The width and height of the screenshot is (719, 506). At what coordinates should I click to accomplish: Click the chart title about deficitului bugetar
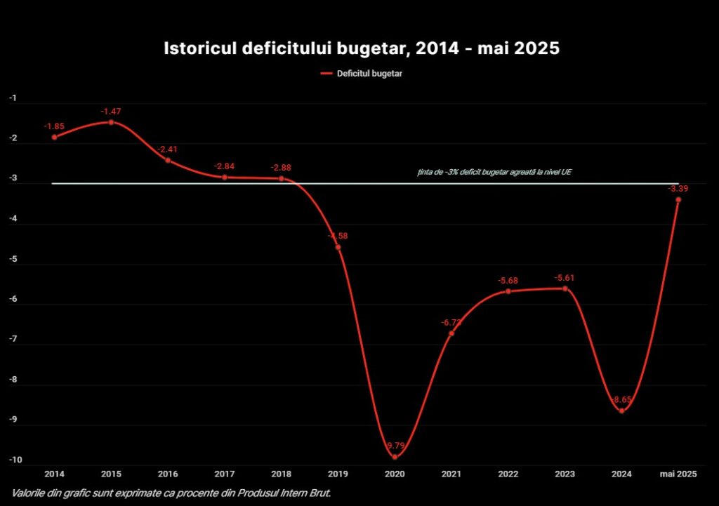click(x=362, y=49)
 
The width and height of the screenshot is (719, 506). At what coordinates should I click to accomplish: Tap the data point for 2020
click(x=395, y=457)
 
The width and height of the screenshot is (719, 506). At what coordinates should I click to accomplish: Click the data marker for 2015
click(x=111, y=122)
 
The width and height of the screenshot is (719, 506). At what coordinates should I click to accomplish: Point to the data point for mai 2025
click(x=678, y=199)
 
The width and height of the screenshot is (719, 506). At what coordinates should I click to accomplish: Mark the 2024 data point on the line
click(x=621, y=411)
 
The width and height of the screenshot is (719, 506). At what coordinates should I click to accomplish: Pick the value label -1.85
click(x=54, y=126)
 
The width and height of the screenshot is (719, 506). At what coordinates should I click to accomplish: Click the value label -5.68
click(x=508, y=281)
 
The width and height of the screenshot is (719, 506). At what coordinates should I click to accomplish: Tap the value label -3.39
click(x=678, y=189)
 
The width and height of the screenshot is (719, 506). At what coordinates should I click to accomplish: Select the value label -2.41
click(x=168, y=149)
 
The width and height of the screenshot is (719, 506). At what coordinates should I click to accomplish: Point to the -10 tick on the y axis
click(x=15, y=461)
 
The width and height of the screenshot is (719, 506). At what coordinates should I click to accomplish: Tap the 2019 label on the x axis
click(x=338, y=475)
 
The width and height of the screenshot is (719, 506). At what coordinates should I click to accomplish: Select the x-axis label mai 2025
click(x=678, y=475)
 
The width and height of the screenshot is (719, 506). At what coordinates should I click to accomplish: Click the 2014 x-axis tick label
click(x=54, y=475)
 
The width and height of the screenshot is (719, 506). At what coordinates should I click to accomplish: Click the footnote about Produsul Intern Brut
click(x=171, y=493)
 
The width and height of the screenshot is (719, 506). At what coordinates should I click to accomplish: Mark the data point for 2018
click(x=282, y=178)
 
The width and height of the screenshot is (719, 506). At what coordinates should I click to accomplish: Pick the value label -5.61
click(x=565, y=278)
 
